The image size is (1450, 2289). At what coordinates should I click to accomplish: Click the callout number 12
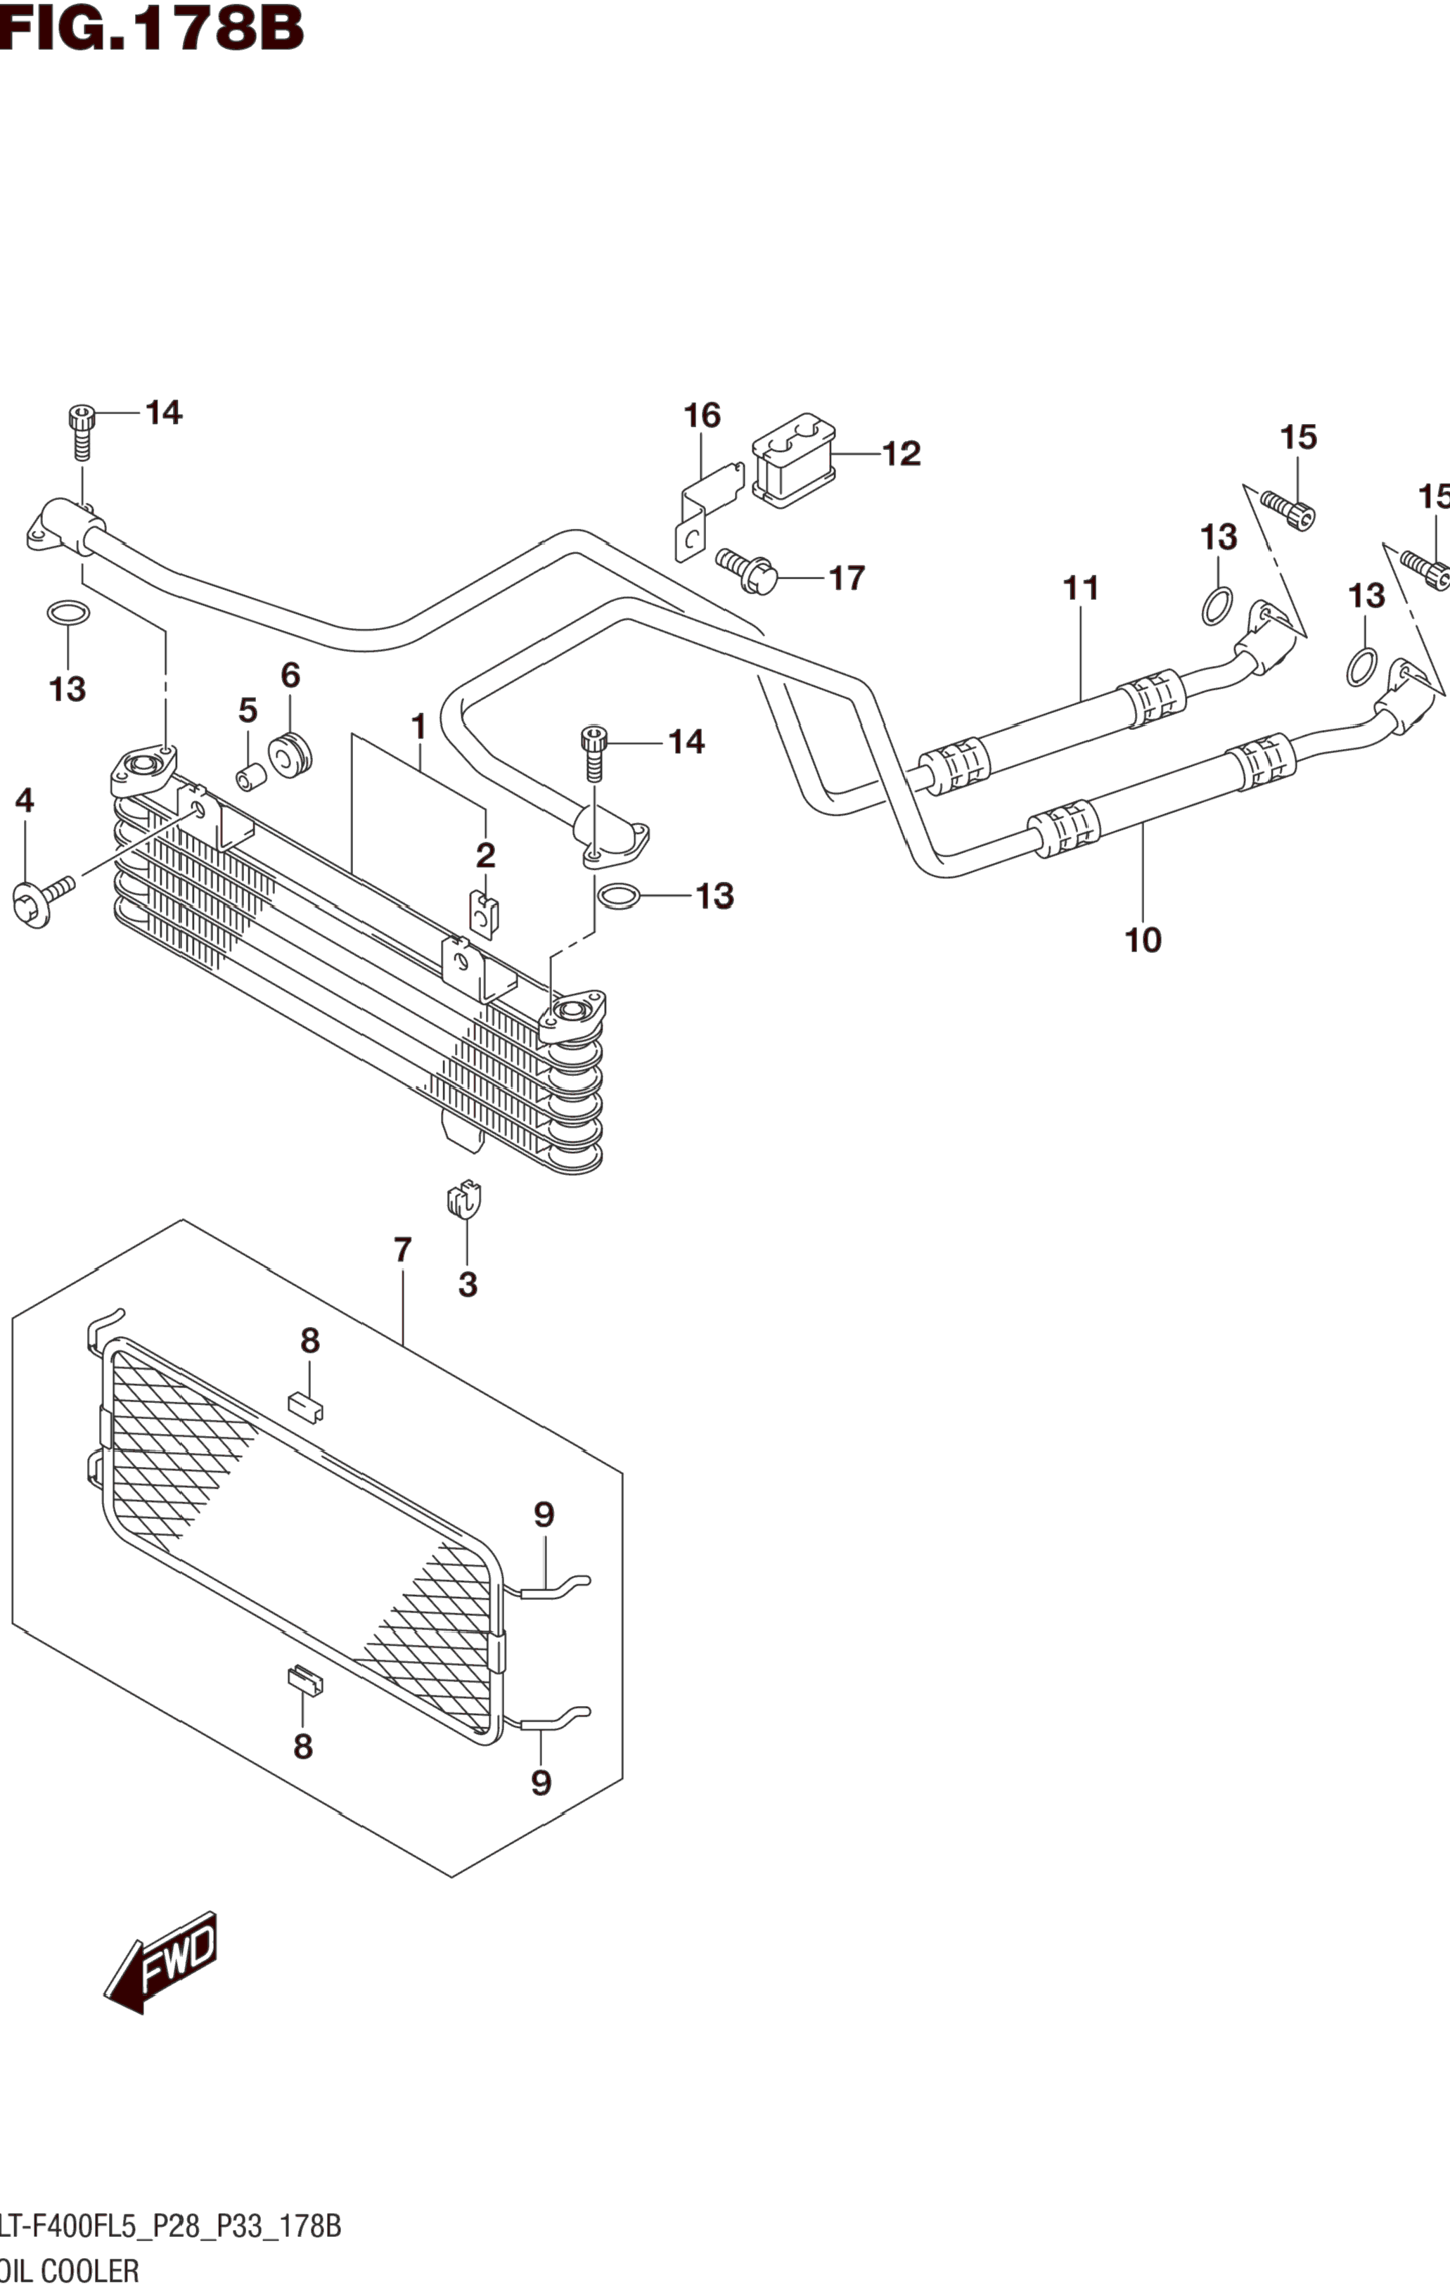tap(900, 454)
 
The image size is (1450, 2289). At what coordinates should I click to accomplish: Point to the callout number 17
tap(846, 577)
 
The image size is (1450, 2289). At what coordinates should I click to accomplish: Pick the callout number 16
tap(702, 416)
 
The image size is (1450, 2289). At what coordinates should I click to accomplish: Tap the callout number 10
tap(1143, 940)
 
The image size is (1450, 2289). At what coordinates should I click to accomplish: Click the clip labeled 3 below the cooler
tap(464, 1200)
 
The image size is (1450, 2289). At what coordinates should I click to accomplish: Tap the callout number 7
tap(402, 1250)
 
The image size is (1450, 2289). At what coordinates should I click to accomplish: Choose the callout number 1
tap(418, 727)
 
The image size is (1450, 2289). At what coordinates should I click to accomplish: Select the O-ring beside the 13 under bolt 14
tap(617, 895)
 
